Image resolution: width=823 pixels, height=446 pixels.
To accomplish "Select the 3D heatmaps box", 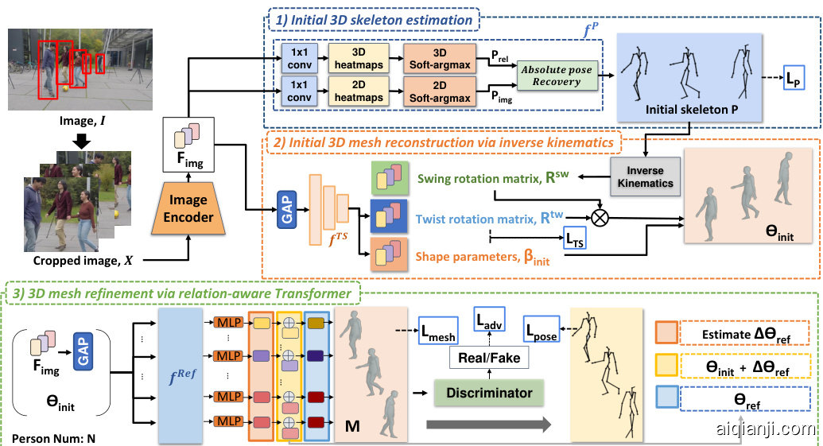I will coord(359,57).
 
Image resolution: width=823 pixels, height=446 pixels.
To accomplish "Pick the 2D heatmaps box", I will coord(359,91).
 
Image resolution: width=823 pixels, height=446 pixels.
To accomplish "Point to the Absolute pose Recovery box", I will coord(557,76).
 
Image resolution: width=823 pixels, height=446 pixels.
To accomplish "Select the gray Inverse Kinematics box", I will coord(645,177).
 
